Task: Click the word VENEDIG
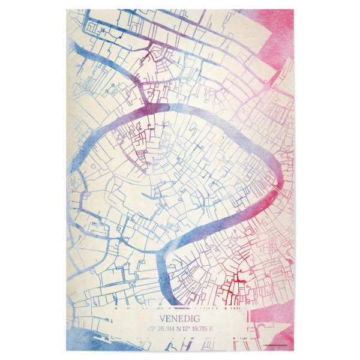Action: pos(180,319)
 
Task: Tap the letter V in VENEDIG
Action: pos(162,319)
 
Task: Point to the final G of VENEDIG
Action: pos(197,319)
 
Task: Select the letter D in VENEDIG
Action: pos(186,319)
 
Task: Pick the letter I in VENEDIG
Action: pos(192,319)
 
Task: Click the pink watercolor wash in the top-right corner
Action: pos(276,30)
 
